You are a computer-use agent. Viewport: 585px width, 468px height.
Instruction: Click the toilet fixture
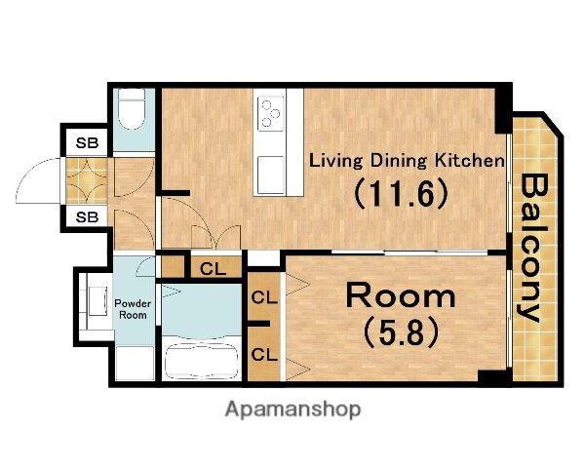131,109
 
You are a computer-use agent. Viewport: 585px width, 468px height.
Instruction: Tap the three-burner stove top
270,113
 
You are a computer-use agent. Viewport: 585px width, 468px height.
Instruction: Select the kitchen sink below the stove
270,175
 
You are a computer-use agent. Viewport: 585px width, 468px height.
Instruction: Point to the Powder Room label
133,309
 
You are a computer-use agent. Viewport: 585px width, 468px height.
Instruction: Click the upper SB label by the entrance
87,142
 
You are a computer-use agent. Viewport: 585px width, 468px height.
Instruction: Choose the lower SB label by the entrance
87,216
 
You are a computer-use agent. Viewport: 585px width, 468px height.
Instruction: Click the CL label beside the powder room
213,269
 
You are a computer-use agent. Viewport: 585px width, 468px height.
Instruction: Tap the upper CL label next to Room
264,297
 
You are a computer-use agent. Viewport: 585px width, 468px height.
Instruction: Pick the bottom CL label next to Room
264,354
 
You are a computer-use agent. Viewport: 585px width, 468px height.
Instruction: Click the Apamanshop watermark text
292,409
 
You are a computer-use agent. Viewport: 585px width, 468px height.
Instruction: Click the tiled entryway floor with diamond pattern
87,180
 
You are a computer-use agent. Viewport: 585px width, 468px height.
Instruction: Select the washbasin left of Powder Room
97,301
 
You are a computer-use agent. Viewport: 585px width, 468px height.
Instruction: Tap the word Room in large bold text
401,296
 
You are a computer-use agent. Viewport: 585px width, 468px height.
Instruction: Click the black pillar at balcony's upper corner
503,109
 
